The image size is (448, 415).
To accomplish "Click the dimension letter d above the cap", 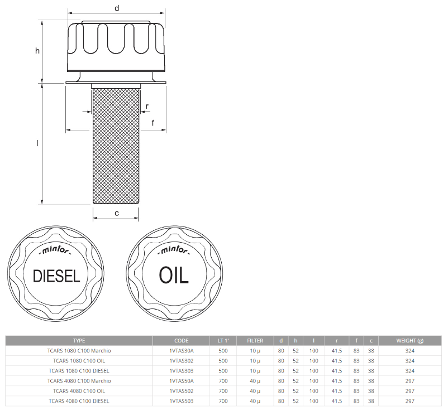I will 116,8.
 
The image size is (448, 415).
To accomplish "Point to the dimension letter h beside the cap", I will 37,51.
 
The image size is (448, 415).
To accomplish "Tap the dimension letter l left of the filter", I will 37,143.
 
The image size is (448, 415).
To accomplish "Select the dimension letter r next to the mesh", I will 147,106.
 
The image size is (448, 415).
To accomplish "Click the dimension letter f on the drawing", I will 152,122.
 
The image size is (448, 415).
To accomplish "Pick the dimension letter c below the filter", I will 116,213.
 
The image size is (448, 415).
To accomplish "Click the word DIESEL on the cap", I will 57,276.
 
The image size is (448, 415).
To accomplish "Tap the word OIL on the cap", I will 174,275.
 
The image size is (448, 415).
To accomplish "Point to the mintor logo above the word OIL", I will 174,250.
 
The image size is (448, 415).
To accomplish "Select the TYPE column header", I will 79,340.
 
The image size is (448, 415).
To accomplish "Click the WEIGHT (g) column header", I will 409,340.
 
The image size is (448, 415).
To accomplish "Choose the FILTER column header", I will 255,340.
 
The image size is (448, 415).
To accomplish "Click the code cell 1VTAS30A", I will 181,351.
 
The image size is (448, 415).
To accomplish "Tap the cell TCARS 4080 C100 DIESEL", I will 79,401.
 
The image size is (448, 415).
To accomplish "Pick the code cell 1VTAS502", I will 181,391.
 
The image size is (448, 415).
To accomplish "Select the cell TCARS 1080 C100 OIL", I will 79,361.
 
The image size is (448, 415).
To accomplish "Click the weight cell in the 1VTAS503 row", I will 409,401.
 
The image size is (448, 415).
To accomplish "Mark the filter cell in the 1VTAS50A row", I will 255,381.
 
